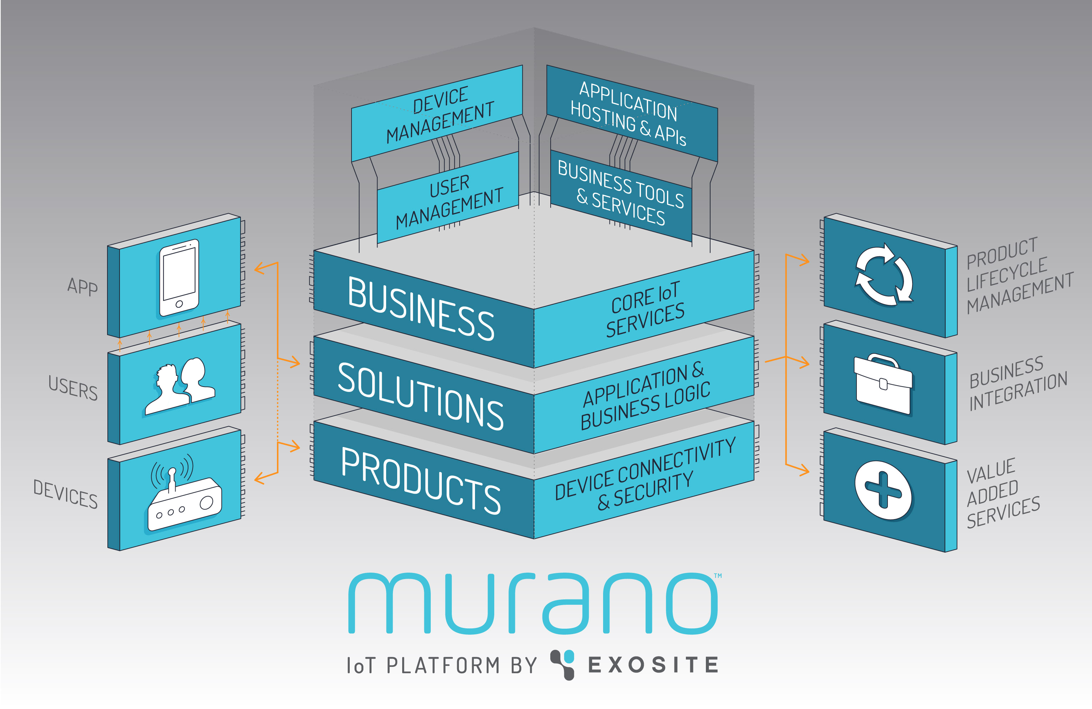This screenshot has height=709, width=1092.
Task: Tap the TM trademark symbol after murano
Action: point(718,575)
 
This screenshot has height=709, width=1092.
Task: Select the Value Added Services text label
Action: point(1002,493)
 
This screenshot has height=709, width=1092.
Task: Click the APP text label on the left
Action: point(82,286)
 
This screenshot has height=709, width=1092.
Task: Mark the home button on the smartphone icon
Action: point(179,304)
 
